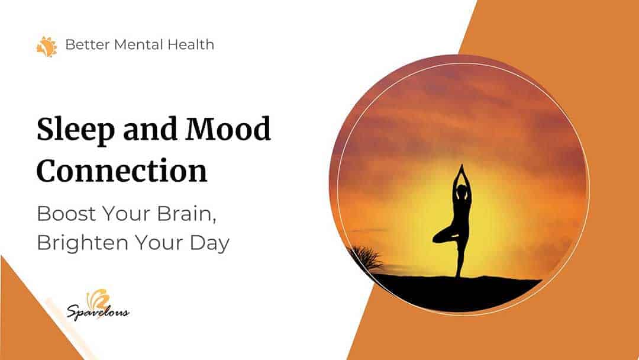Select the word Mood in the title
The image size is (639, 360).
pos(228,128)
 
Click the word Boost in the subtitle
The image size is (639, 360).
pos(66,214)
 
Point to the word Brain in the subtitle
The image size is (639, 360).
pos(187,214)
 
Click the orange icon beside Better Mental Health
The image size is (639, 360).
pos(47,46)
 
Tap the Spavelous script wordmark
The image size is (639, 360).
pos(98,312)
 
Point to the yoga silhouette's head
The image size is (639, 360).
pos(461,191)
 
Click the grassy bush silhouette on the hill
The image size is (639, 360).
pos(368,258)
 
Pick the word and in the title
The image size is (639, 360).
pos(150,129)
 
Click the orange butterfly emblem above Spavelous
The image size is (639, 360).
pos(98,300)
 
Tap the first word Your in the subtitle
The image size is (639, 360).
pos(127,214)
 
